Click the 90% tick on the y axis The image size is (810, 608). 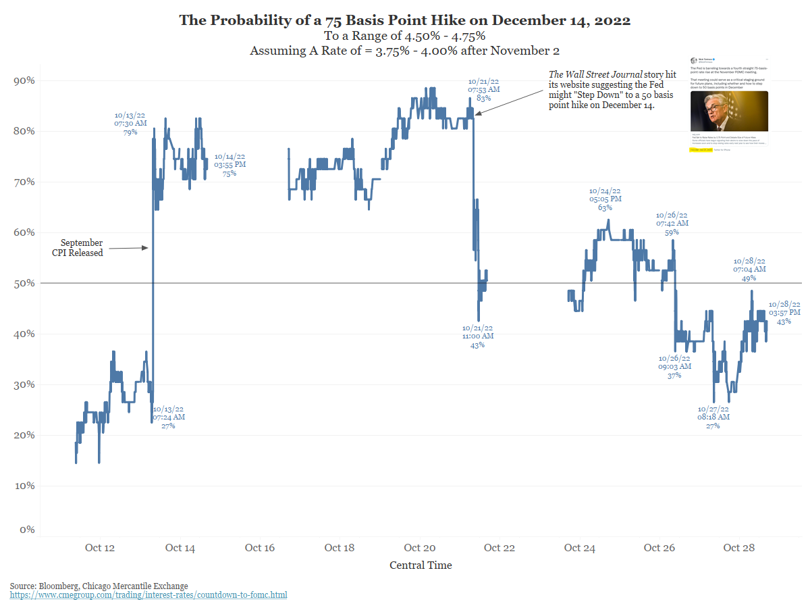(25, 80)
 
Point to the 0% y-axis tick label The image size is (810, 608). (27, 530)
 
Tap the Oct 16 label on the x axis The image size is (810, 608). (260, 547)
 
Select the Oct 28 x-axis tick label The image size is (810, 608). (739, 547)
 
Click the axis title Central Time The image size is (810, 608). (421, 565)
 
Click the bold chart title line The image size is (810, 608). (405, 20)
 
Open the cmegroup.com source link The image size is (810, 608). (148, 595)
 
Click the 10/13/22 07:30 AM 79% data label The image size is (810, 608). (130, 124)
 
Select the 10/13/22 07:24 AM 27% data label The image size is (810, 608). (168, 417)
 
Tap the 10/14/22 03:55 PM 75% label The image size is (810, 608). (230, 165)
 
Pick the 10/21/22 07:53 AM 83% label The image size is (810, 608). (484, 89)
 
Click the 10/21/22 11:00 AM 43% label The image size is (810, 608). (478, 336)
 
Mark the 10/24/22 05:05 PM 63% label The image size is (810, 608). (605, 199)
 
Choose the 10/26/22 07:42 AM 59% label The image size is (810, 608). (672, 223)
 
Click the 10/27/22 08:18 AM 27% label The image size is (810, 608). (713, 417)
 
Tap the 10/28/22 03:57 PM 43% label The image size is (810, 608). (784, 313)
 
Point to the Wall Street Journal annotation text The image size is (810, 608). (602, 90)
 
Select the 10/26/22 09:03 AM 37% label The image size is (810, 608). (675, 366)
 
